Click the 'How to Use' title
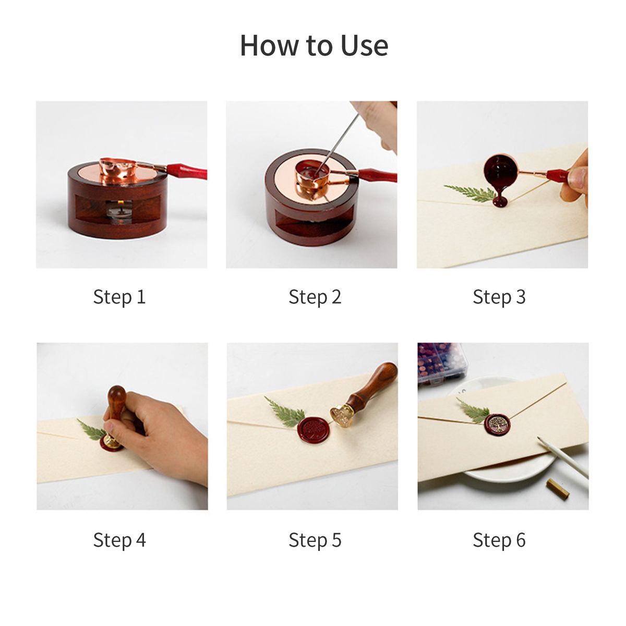[314, 45]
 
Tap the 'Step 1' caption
[119, 297]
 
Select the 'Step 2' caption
[315, 297]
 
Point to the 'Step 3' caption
[499, 297]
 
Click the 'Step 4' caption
[119, 540]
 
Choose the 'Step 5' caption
[315, 540]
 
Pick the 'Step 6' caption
[499, 540]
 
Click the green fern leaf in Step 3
[470, 194]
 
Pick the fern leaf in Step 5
[285, 410]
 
